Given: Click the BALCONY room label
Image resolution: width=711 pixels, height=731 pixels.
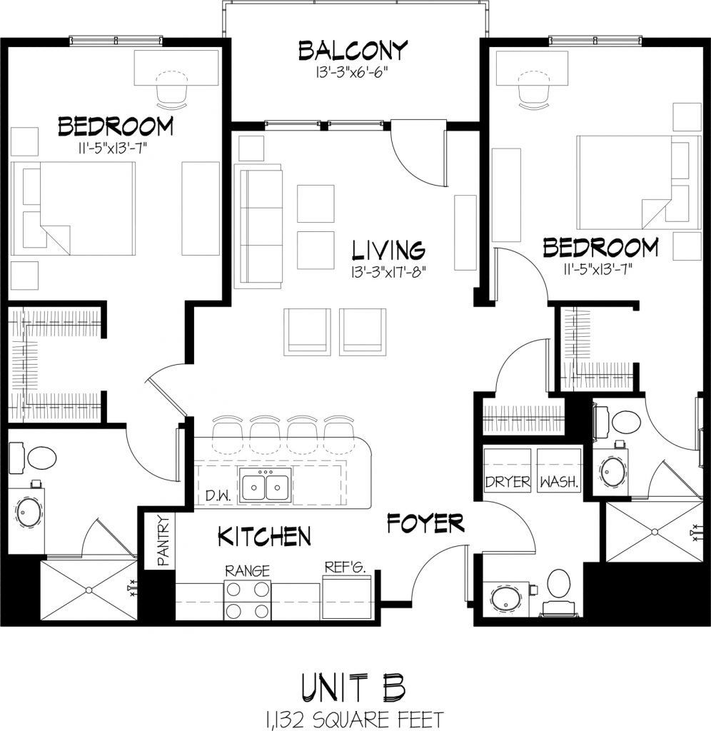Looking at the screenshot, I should click(353, 51).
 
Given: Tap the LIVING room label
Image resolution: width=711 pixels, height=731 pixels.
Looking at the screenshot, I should click(389, 251).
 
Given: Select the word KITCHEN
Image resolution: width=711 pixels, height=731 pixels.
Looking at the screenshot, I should click(264, 535).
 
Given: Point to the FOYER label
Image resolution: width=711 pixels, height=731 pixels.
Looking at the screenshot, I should click(425, 523).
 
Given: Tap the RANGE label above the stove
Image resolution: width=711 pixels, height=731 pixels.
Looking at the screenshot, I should click(247, 570).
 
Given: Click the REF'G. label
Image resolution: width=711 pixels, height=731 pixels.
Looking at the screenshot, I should click(346, 568).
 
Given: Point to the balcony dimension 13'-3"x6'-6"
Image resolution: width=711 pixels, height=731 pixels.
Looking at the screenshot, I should click(353, 72).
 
